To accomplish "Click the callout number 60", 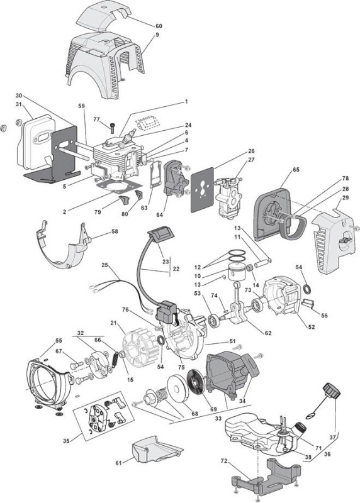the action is pyautogui.click(x=159, y=26).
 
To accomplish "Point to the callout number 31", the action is pyautogui.click(x=19, y=104).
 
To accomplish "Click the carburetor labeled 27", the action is pyautogui.click(x=228, y=198).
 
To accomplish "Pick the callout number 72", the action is pyautogui.click(x=224, y=461).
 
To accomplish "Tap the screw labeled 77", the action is pyautogui.click(x=112, y=128).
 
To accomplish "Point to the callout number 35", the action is pyautogui.click(x=66, y=441).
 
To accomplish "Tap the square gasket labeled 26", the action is pyautogui.click(x=203, y=190).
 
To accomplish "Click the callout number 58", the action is pyautogui.click(x=115, y=231).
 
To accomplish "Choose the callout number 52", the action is pyautogui.click(x=311, y=327).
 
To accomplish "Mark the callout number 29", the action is pyautogui.click(x=346, y=197).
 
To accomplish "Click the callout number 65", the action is pyautogui.click(x=296, y=169).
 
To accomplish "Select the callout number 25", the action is pyautogui.click(x=105, y=265).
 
